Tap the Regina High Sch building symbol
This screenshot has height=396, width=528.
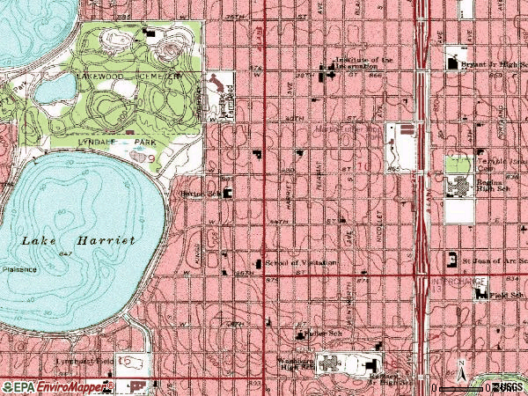[x=458, y=185]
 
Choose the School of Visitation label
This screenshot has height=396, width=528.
[x=297, y=262]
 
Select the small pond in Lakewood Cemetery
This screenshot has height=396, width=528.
[x=58, y=89]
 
